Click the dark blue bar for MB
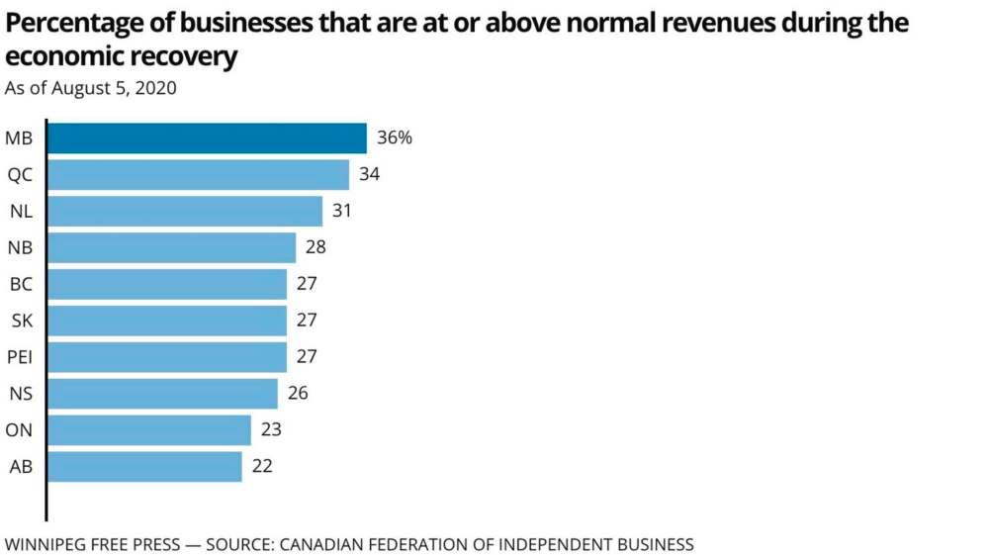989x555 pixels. click(x=207, y=139)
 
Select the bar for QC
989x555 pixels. click(x=198, y=175)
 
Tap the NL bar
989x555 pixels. click(x=185, y=211)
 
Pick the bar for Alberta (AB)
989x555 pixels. click(x=144, y=467)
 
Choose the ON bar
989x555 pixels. click(x=148, y=430)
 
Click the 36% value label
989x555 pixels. click(x=395, y=139)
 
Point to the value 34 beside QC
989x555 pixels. click(x=370, y=175)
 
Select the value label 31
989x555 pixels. click(x=343, y=211)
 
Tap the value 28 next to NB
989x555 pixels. click(x=316, y=247)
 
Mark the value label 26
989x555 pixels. click(x=298, y=394)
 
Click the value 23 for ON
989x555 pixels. click(x=271, y=430)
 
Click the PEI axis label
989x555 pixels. click(x=20, y=357)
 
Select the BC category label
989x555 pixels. click(x=20, y=284)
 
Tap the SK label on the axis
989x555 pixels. click(x=20, y=321)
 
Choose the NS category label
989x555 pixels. click(x=20, y=394)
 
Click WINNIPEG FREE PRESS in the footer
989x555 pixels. click(x=93, y=544)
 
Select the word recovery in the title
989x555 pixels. click(x=187, y=56)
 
